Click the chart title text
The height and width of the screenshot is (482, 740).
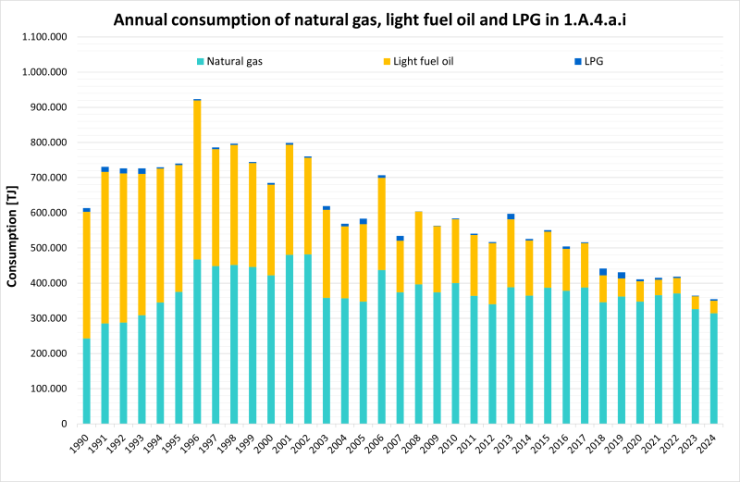370,18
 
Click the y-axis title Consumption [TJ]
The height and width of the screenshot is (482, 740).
13,229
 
